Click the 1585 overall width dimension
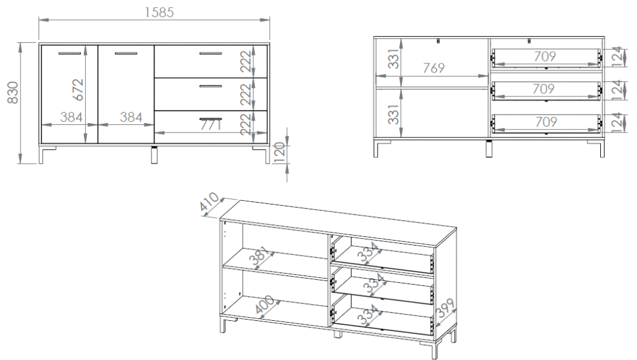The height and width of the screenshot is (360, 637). point(159,12)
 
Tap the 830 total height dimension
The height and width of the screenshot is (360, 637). point(13,93)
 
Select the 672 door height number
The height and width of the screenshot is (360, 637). point(78,90)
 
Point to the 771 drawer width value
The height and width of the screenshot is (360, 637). point(211,125)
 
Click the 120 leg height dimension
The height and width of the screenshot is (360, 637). point(279,152)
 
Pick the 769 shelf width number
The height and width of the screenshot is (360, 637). point(434,68)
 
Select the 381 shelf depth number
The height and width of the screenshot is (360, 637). point(259,256)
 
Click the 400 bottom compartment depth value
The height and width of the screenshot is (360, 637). point(264,305)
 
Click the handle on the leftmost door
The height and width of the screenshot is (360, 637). point(70,53)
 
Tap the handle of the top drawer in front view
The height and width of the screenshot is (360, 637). point(210,53)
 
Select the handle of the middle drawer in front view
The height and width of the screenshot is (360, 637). point(210,86)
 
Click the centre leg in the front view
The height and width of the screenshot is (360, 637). point(154,155)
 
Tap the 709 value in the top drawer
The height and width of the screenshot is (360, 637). point(545,56)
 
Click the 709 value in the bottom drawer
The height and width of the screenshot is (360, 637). point(546,122)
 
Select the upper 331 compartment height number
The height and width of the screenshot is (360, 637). point(394,59)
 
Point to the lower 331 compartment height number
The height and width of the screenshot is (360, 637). point(394,114)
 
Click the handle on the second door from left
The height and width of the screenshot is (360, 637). point(126,53)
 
